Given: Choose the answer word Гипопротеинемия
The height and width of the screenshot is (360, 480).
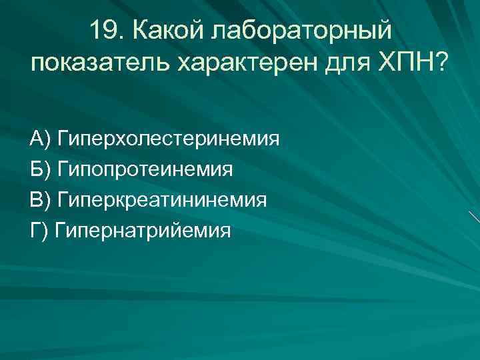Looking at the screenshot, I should [x=146, y=170].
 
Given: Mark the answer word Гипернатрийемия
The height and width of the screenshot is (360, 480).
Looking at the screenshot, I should [x=143, y=231].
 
